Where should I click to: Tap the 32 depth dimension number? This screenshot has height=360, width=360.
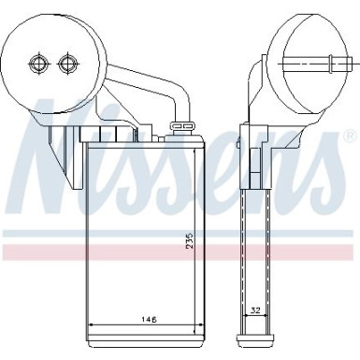(253, 310)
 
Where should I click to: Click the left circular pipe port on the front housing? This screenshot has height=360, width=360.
(39, 63)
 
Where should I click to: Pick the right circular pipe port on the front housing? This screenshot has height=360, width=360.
(66, 63)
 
